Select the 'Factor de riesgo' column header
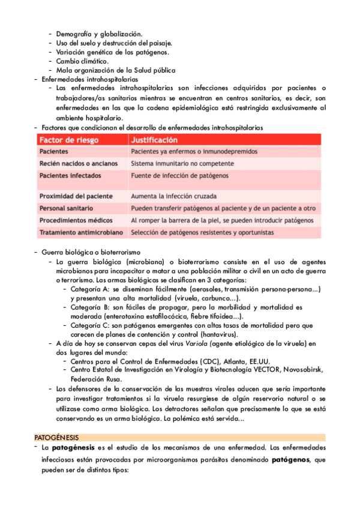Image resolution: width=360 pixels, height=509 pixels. (69, 139)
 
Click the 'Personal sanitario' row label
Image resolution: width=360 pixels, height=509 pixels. (64, 208)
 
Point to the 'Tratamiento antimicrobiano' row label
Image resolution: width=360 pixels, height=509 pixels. (81, 232)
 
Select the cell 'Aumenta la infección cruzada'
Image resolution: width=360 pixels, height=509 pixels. (174, 196)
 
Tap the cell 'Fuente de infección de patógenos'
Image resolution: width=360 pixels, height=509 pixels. (179, 175)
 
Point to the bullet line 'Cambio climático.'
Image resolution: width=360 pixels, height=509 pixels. (82, 61)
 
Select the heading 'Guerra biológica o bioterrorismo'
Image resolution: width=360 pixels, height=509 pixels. (91, 252)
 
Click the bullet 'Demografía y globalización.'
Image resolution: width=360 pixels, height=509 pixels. (99, 34)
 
